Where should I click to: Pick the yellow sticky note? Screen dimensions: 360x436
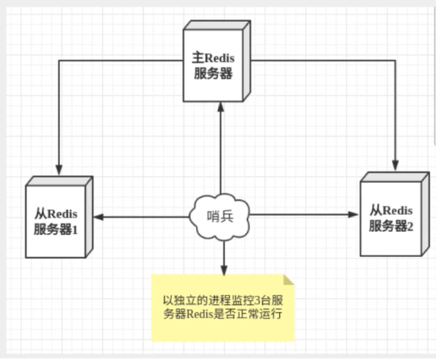(223, 307)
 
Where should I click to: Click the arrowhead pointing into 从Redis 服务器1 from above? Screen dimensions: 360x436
(59, 166)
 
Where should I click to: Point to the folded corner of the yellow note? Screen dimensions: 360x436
(289, 280)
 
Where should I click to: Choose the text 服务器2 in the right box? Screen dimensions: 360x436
(390, 227)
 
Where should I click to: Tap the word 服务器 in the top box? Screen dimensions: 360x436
(213, 73)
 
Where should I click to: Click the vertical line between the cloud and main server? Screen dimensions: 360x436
(221, 152)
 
